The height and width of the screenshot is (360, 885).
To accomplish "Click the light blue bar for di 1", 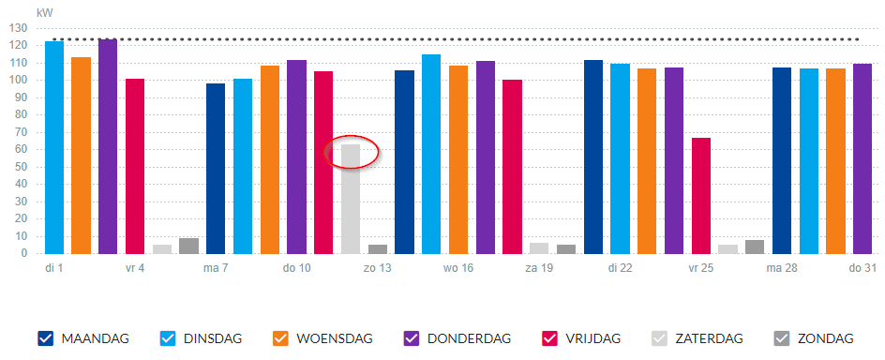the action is pos(54,147).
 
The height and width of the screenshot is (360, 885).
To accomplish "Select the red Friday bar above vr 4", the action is pos(135,167).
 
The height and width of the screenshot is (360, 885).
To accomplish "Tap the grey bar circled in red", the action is pos(351,199).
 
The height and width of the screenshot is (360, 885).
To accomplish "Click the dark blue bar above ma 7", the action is pos(216,169).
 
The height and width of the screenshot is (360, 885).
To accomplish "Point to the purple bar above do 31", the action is pos(862,159).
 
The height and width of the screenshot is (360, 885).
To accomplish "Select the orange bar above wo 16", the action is pos(458,159).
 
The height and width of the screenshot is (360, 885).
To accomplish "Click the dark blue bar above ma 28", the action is pos(782,161).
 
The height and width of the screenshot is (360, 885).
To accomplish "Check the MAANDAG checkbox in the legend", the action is pos(46,338).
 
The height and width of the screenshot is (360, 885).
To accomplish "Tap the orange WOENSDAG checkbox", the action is pos(280,338).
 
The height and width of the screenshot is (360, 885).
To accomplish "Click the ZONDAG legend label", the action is pos(825,339).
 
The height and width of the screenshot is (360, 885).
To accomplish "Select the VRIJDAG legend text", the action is pos(592,339).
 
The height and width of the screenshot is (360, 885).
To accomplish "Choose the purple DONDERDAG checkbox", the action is pos(412,338).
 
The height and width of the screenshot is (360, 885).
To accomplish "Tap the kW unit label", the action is pos(45,12).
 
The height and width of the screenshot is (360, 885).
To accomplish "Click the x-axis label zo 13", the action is pos(377,268).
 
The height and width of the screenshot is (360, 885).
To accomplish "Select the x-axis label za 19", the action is pos(539,268).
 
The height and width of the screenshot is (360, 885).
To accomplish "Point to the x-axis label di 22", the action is pos(620,268).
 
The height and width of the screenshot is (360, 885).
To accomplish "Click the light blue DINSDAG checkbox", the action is pos(168,338).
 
